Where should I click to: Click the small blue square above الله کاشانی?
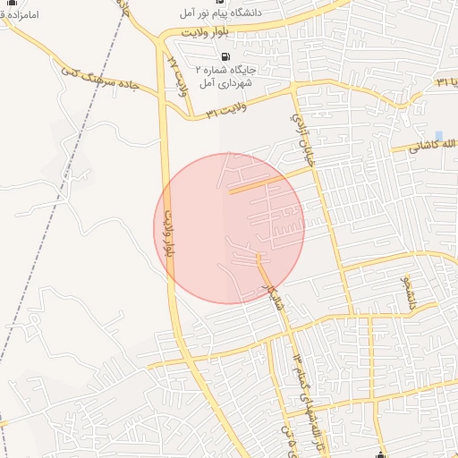pyautogui.click(x=438, y=135)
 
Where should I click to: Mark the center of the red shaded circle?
pyautogui.click(x=229, y=228)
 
